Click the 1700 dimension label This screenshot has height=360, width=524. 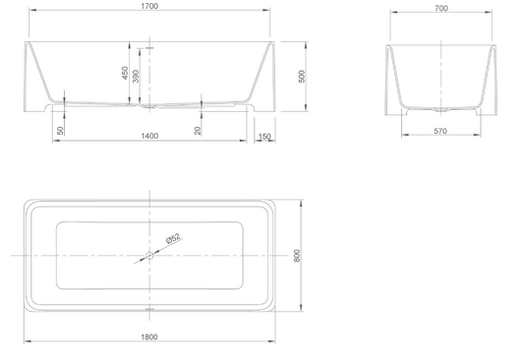point(149,6)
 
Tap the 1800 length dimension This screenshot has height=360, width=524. point(149,337)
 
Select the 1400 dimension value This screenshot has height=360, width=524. point(149,136)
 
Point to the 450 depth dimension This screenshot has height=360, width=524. point(125,73)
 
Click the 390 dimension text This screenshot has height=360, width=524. point(136,76)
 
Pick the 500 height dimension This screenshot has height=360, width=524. point(302,76)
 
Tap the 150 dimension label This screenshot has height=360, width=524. point(264,137)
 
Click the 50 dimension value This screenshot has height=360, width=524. point(60,131)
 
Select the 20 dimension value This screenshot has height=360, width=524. point(198,131)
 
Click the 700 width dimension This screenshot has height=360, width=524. point(441,8)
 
